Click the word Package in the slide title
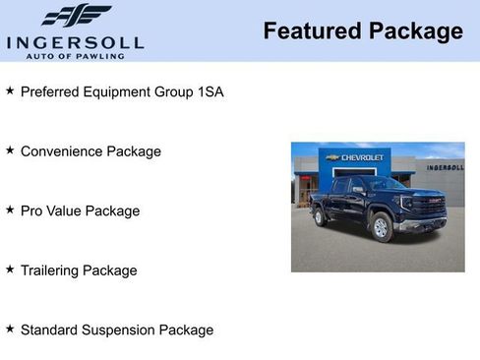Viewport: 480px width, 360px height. pyautogui.click(x=415, y=31)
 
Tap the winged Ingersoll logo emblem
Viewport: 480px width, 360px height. pyautogui.click(x=76, y=15)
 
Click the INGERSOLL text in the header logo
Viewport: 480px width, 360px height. pyautogui.click(x=75, y=42)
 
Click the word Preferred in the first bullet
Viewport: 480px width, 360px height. pyautogui.click(x=51, y=92)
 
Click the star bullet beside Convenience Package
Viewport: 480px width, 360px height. pyautogui.click(x=10, y=150)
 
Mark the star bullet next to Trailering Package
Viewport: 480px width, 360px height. pyautogui.click(x=10, y=269)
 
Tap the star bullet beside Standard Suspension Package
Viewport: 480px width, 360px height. pyautogui.click(x=10, y=329)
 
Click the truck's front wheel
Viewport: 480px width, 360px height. pyautogui.click(x=382, y=228)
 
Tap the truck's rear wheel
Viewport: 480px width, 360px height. pyautogui.click(x=321, y=216)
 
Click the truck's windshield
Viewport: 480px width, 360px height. pyautogui.click(x=385, y=184)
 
